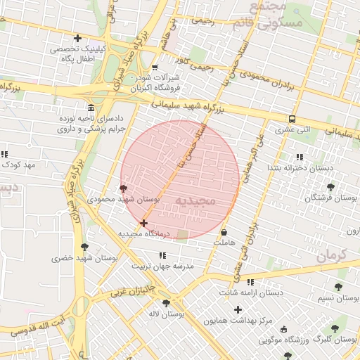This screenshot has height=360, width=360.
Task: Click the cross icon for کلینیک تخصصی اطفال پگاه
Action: pyautogui.click(x=77, y=38)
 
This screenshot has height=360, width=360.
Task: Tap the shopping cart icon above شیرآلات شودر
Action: pyautogui.click(x=155, y=68)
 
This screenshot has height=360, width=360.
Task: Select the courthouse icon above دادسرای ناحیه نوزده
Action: pyautogui.click(x=91, y=108)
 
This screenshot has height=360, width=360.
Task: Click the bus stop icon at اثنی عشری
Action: pyautogui.click(x=292, y=119)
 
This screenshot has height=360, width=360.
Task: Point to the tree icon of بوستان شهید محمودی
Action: pyautogui.click(x=124, y=188)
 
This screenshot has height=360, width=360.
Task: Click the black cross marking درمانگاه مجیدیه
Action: pyautogui.click(x=143, y=223)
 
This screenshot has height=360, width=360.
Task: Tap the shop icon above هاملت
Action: pyautogui.click(x=224, y=232)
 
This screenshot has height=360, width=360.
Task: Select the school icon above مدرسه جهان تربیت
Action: pyautogui.click(x=162, y=255)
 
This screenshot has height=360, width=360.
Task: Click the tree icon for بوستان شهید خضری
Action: pyautogui.click(x=85, y=247)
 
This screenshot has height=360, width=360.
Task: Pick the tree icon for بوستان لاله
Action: pyautogui.click(x=166, y=303)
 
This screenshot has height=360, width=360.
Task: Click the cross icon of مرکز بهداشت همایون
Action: pyautogui.click(x=238, y=309)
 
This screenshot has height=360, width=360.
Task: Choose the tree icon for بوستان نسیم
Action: pyautogui.click(x=338, y=287)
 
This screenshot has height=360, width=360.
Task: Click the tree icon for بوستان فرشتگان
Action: pyautogui.click(x=330, y=187)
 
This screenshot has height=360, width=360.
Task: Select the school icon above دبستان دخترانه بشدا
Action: pyautogui.click(x=300, y=157)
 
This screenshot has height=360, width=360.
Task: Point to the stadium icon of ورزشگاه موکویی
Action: pyautogui.click(x=283, y=329)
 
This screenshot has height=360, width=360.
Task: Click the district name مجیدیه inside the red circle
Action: pyautogui.click(x=204, y=201)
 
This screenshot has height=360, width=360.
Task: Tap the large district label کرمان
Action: pyautogui.click(x=332, y=255)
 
